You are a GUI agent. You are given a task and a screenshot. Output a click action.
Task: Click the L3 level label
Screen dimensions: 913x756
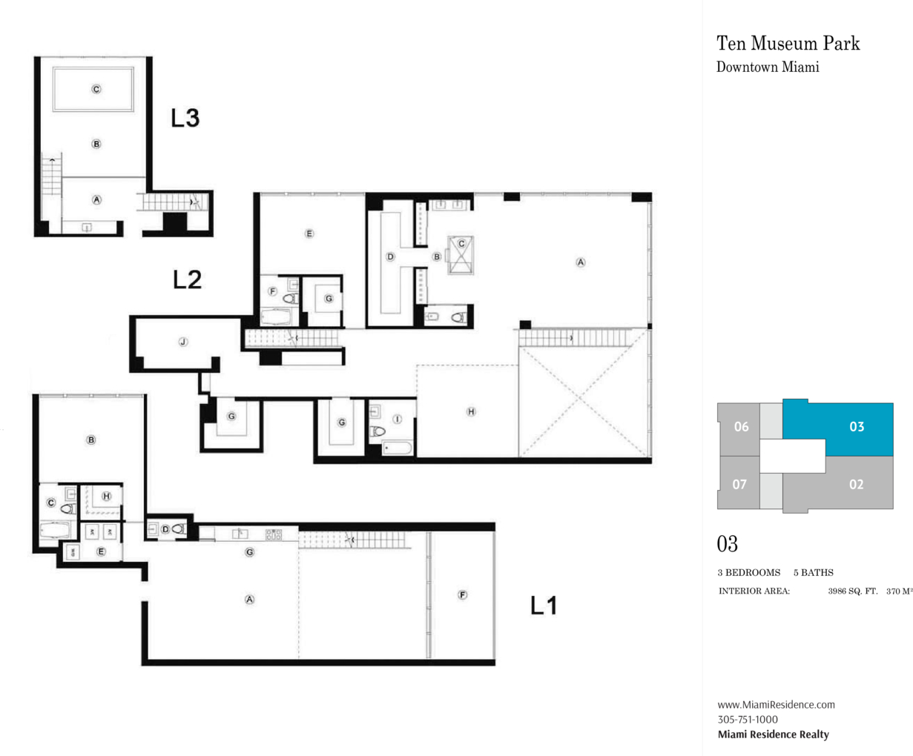pos(185,118)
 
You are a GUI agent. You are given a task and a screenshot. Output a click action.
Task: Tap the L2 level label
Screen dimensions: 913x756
pos(188,279)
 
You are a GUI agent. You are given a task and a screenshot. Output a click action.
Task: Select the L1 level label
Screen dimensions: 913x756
pos(544,606)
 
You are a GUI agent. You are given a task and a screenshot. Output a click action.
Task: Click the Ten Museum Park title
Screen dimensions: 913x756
pos(788,43)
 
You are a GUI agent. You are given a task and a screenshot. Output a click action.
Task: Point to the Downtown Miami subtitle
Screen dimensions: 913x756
pos(768,67)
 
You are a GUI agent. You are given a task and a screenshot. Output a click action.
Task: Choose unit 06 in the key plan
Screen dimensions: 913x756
pos(741,426)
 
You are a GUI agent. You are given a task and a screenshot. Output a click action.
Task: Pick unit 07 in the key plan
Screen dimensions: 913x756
pos(739,484)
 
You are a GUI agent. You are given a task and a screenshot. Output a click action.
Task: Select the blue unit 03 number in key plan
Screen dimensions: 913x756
pos(857,426)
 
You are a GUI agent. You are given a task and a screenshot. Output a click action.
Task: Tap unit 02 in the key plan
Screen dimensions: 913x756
pos(856,484)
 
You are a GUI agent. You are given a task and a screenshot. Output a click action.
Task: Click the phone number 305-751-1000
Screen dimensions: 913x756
pos(748,719)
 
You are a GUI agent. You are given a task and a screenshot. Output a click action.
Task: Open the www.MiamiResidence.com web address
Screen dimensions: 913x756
pos(776,704)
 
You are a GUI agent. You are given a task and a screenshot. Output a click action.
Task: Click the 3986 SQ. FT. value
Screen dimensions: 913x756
pos(853,591)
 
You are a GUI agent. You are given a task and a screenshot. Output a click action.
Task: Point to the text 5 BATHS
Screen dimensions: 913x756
pos(814,572)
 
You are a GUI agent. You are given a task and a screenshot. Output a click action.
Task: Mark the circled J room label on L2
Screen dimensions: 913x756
pos(183,342)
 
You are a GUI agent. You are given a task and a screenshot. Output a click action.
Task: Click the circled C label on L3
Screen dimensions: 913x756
pos(96,89)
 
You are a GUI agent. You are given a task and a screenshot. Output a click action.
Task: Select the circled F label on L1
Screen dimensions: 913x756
pos(463,594)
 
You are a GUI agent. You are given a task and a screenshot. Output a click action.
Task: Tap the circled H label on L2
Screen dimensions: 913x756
pos(471,411)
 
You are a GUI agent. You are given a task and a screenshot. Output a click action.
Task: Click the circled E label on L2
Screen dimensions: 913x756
pos(309,233)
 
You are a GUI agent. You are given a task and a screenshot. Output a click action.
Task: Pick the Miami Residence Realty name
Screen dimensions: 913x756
pos(773,735)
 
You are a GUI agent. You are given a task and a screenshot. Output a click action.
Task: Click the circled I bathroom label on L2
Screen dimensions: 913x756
pos(397,419)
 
